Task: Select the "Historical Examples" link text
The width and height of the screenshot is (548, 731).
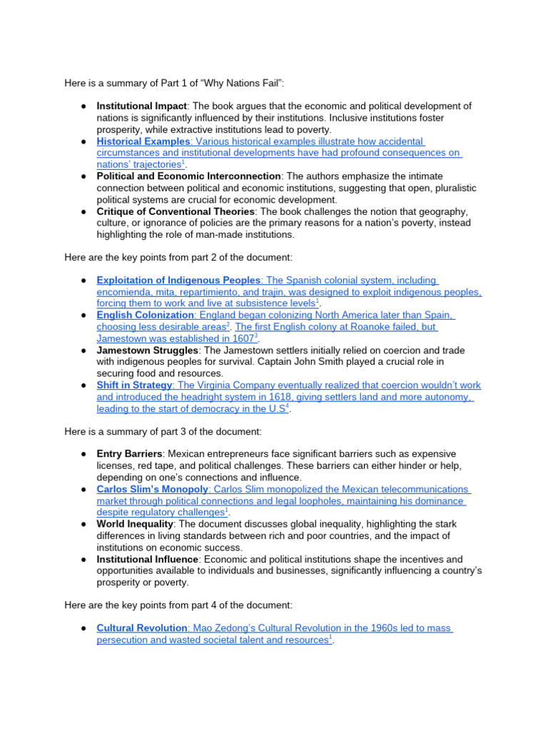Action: point(143,141)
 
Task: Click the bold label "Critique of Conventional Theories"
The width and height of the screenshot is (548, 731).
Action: point(176,211)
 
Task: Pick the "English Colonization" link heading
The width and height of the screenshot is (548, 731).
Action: point(146,316)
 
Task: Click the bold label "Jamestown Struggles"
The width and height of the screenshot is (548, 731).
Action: point(147,351)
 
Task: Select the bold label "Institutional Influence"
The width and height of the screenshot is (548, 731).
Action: point(147,559)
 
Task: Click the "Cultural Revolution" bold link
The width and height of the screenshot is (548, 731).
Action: point(142,628)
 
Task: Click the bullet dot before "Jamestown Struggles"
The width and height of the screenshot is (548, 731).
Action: point(83,351)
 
